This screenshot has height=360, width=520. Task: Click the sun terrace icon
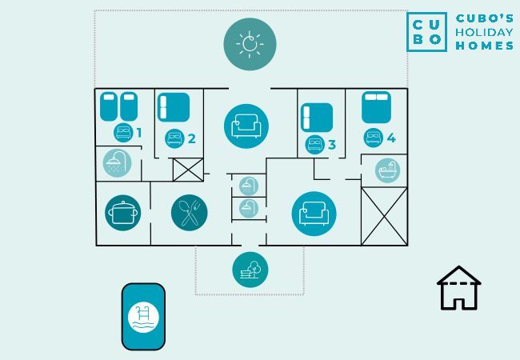250,44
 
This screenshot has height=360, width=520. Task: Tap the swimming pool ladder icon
143,318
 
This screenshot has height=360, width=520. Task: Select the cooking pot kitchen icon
122,213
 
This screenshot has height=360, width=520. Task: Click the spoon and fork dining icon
190,213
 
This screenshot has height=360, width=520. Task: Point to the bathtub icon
387,170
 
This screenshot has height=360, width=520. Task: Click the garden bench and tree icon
250,270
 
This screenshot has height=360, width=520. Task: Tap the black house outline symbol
458,288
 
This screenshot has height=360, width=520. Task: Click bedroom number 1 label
139,133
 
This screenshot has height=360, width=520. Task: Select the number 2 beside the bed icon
192,139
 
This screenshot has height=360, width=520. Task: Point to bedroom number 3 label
332,145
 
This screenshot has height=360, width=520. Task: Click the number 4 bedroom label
391,138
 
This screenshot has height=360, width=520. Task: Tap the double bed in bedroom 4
376,107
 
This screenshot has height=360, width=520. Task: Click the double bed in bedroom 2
174,107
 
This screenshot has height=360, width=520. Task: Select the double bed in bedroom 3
317,118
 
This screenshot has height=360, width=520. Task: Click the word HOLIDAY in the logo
484,32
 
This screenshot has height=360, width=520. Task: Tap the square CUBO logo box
426,32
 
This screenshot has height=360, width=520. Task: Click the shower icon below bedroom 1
117,162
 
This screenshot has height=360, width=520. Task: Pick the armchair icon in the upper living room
246,126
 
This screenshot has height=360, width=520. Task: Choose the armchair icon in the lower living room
314,214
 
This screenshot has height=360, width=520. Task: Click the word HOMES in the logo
485,46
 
